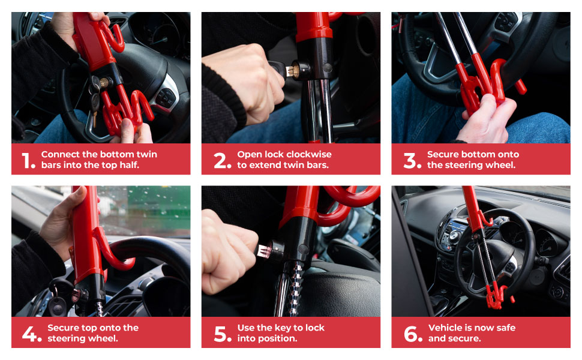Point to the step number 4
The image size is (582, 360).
tap(32, 334)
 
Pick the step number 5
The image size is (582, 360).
tap(222, 334)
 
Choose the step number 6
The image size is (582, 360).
tap(413, 334)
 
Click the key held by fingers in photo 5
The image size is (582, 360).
tap(263, 248)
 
